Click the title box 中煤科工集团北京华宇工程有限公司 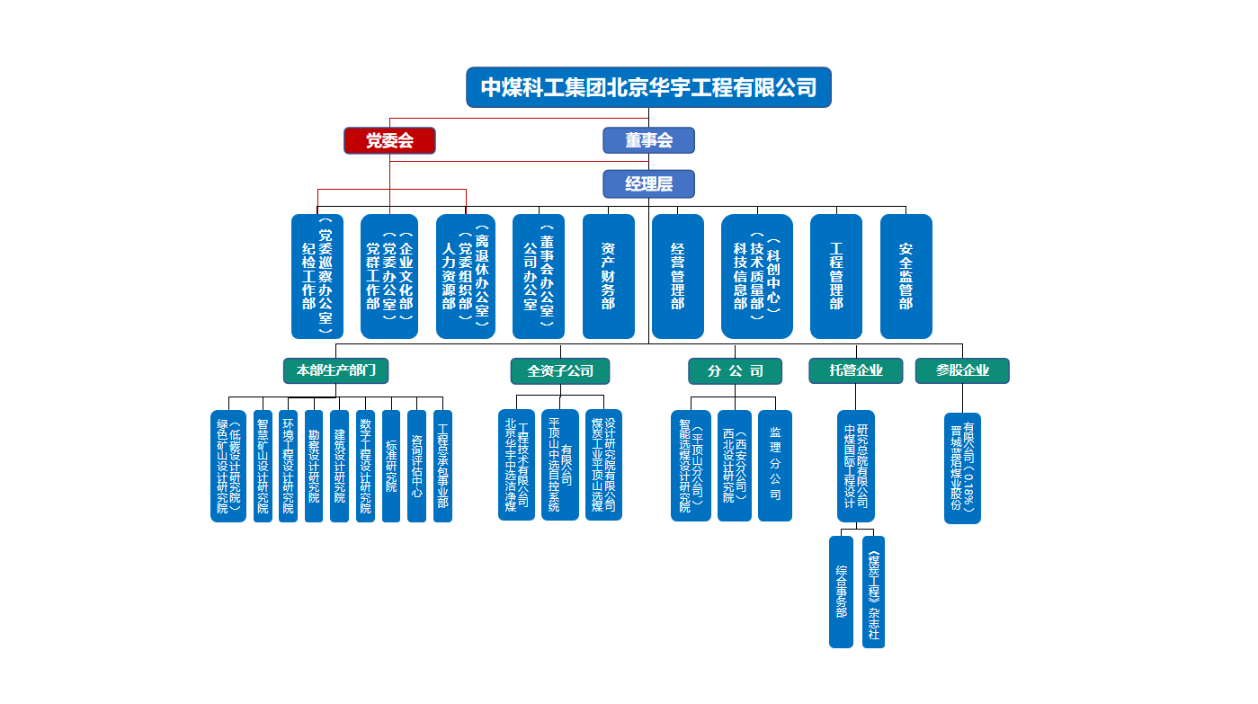(648, 87)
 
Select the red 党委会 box (389, 140)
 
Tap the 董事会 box (648, 140)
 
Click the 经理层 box (648, 183)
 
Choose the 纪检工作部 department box (317, 276)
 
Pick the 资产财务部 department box (609, 276)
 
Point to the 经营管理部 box (678, 276)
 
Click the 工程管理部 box (836, 276)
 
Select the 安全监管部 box (906, 276)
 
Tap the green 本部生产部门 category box (336, 370)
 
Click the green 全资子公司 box (560, 370)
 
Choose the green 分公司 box (735, 370)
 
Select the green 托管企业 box (856, 370)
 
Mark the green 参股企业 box (962, 370)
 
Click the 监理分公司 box (775, 465)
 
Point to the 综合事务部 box (841, 592)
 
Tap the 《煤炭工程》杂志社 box (873, 592)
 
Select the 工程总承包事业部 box (442, 466)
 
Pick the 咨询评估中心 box (416, 466)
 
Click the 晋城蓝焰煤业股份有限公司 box (962, 468)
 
